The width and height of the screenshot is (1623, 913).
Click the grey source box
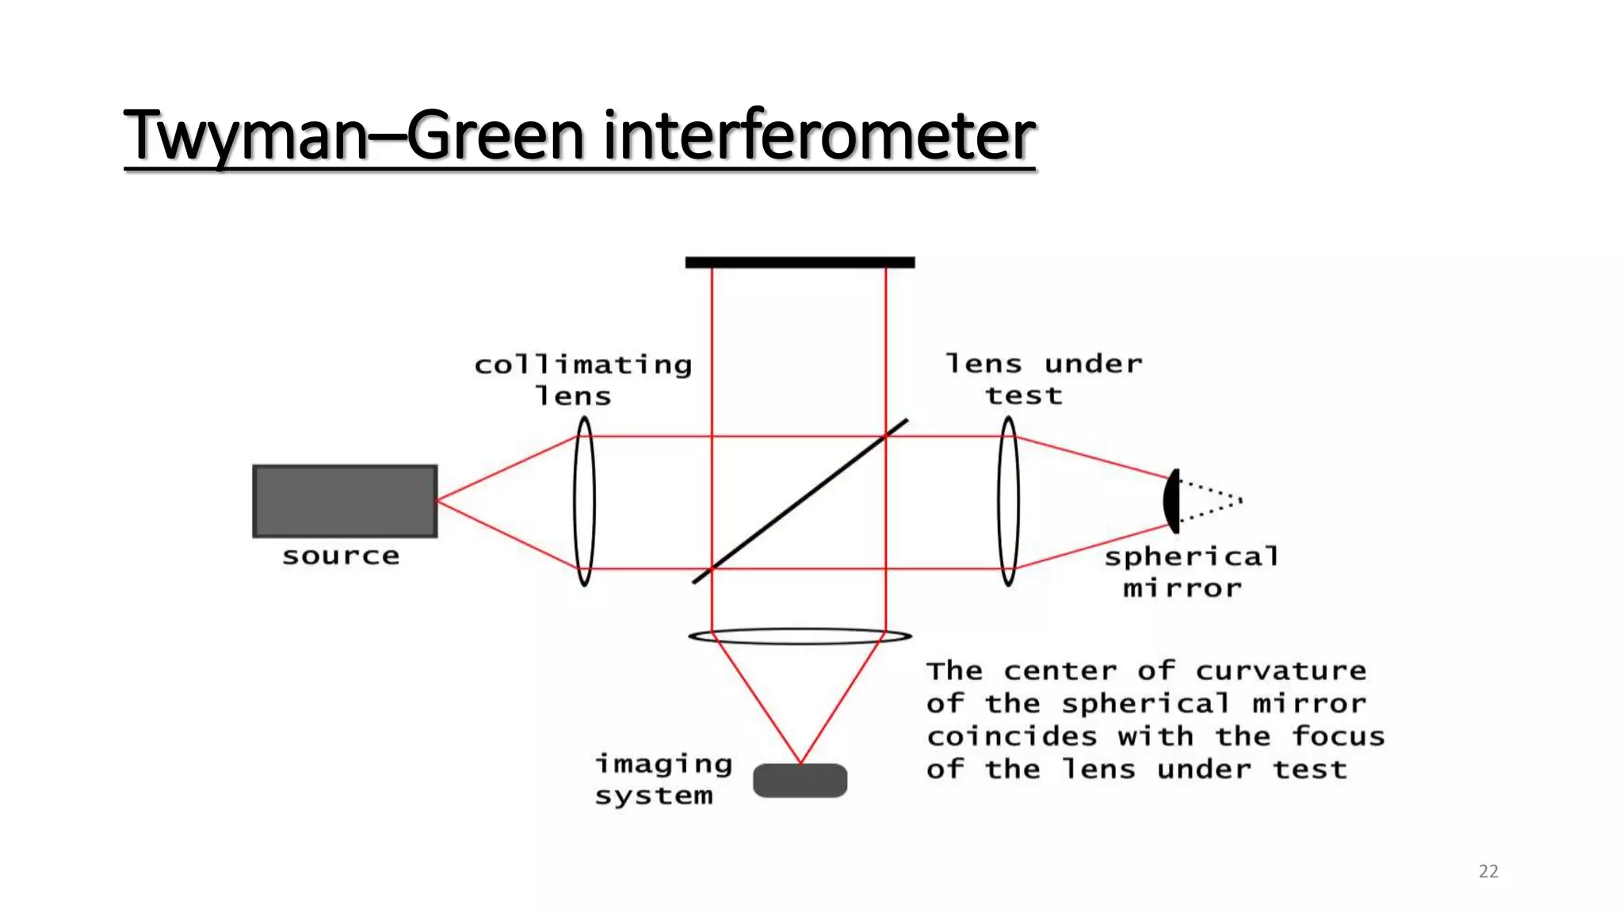point(345,501)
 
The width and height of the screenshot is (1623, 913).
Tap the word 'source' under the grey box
point(341,556)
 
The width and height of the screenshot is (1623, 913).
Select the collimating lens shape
point(584,502)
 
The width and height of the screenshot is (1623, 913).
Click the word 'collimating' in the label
point(583,365)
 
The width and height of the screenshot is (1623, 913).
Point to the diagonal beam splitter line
point(800,501)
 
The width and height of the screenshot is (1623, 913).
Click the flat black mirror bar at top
point(800,262)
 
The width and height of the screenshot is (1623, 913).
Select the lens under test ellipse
point(1008,502)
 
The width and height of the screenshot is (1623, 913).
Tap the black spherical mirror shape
point(1172,501)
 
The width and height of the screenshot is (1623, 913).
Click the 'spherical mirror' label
point(1191,572)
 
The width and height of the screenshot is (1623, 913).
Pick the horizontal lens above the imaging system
point(800,636)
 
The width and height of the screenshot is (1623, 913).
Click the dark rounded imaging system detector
point(800,781)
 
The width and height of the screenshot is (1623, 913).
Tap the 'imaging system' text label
point(663,779)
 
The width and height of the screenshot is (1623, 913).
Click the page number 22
point(1488,871)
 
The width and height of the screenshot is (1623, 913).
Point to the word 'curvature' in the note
point(1281,670)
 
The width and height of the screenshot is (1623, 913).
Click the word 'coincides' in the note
point(1012,736)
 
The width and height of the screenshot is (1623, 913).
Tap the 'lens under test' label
point(1043,379)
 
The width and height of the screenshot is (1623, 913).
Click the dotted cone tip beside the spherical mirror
point(1240,500)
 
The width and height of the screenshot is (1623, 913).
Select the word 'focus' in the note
point(1338,736)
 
